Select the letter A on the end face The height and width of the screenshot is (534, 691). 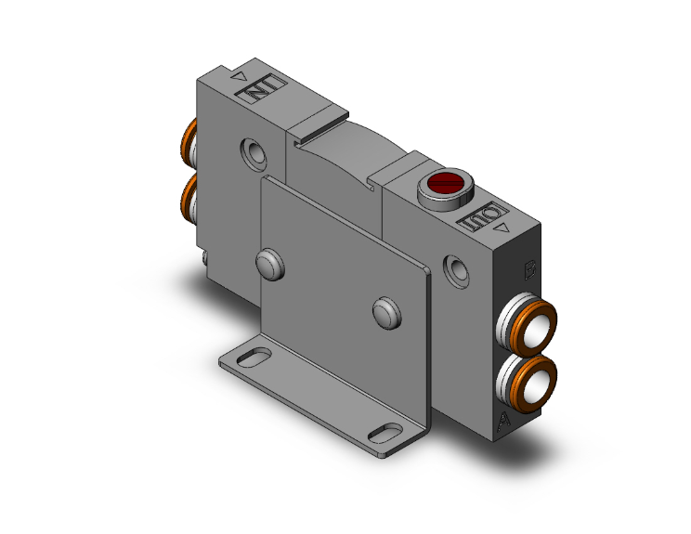[504, 423]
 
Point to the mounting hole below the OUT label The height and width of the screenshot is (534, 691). [457, 269]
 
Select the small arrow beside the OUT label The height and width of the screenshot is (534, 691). [502, 226]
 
